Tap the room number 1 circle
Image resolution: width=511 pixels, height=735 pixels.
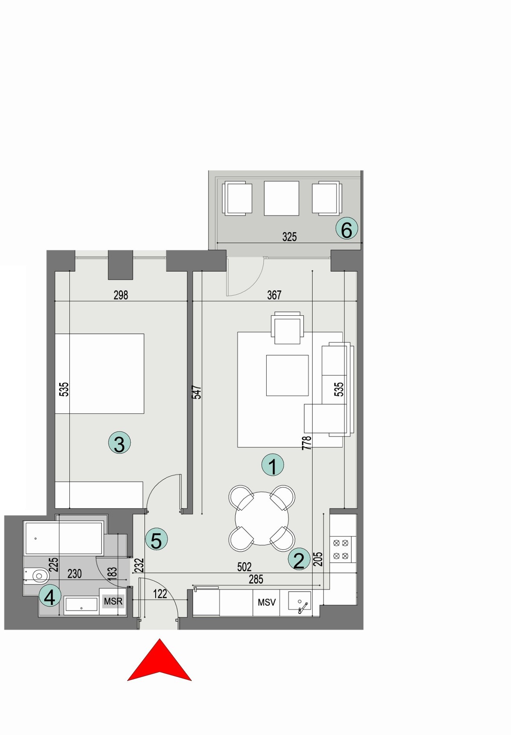[273, 465]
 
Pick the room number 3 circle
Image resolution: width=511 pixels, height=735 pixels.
[119, 443]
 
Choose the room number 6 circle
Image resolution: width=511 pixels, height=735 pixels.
[347, 228]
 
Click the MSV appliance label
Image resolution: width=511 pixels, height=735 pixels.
[267, 602]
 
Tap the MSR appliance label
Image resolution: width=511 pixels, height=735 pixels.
[113, 601]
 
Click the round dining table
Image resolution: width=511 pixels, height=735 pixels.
[262, 518]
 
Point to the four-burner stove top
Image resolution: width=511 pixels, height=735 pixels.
[341, 549]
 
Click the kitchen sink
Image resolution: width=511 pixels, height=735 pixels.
[300, 601]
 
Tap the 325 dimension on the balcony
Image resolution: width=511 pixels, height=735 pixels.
[289, 237]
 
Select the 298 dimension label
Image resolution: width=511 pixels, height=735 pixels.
[121, 295]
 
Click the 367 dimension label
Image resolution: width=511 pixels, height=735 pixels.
[274, 295]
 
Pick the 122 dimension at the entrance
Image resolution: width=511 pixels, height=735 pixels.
[160, 594]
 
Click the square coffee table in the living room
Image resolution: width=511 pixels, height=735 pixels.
[287, 375]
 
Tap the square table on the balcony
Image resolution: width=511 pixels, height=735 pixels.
[281, 198]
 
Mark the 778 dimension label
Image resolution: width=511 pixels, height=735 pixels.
[307, 443]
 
